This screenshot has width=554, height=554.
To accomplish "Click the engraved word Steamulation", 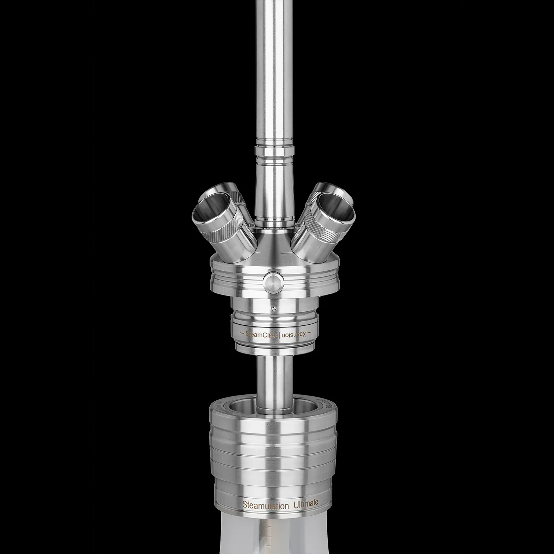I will coord(265,505).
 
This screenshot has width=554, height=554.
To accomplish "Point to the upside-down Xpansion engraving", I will coord(294,334).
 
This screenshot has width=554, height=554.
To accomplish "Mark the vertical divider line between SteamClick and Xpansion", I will coord(280,335).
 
